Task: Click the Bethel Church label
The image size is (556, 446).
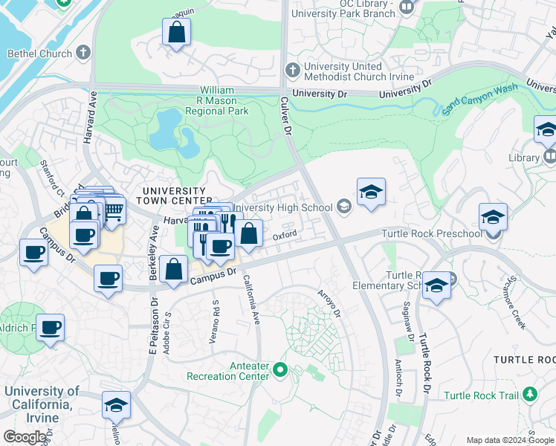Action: tap(39, 54)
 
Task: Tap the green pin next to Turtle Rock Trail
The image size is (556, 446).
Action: tap(530, 394)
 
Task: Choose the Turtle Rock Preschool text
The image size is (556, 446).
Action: tap(431, 233)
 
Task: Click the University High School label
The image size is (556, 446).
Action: tap(283, 207)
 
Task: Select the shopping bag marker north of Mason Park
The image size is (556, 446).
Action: tap(176, 32)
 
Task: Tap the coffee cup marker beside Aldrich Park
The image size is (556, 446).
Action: tap(51, 328)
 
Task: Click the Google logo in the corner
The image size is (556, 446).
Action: tap(25, 436)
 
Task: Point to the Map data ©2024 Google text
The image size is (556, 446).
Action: tap(509, 440)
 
